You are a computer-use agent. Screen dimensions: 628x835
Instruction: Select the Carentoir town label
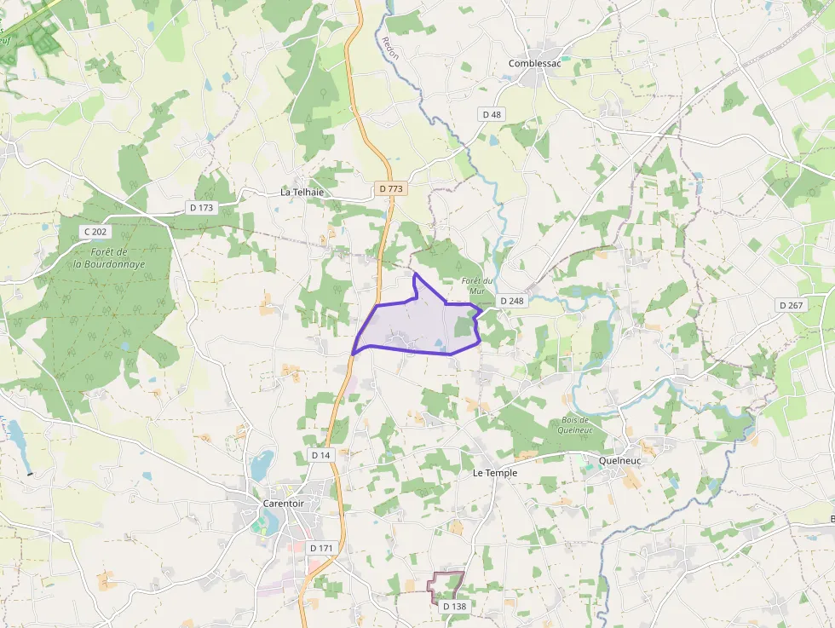pos(284,504)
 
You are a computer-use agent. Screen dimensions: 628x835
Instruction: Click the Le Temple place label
pos(495,472)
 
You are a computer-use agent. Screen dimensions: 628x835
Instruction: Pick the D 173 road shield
pos(202,207)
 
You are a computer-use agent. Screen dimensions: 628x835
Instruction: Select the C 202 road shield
pos(96,232)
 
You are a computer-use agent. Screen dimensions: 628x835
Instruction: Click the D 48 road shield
pos(492,114)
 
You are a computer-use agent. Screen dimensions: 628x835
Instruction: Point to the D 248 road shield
pos(512,301)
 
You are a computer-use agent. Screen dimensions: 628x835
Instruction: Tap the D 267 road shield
pos(790,305)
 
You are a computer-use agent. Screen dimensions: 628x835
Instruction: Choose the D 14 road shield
pos(320,455)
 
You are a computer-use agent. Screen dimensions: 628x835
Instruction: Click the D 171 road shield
pos(321,547)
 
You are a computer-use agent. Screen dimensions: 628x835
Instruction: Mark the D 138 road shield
pos(454,606)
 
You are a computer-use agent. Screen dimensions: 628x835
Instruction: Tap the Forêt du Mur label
pos(477,285)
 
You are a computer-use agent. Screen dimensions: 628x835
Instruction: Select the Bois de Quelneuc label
pos(576,424)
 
